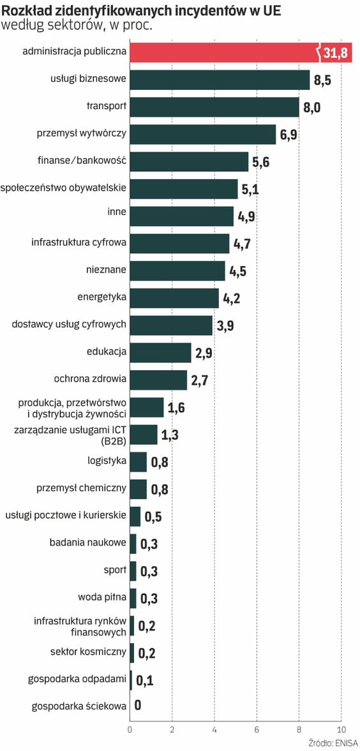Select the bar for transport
214,107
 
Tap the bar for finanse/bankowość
189,161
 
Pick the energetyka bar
174,298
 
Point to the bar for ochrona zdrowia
158,380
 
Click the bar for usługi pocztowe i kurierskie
135,516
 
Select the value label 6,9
289,135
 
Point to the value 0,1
145,680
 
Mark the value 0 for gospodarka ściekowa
138,706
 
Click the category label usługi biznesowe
89,79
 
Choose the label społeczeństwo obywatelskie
63,188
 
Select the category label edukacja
107,352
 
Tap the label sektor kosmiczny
88,651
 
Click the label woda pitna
102,597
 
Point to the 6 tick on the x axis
257,730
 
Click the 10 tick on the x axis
341,730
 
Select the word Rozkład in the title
24,8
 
